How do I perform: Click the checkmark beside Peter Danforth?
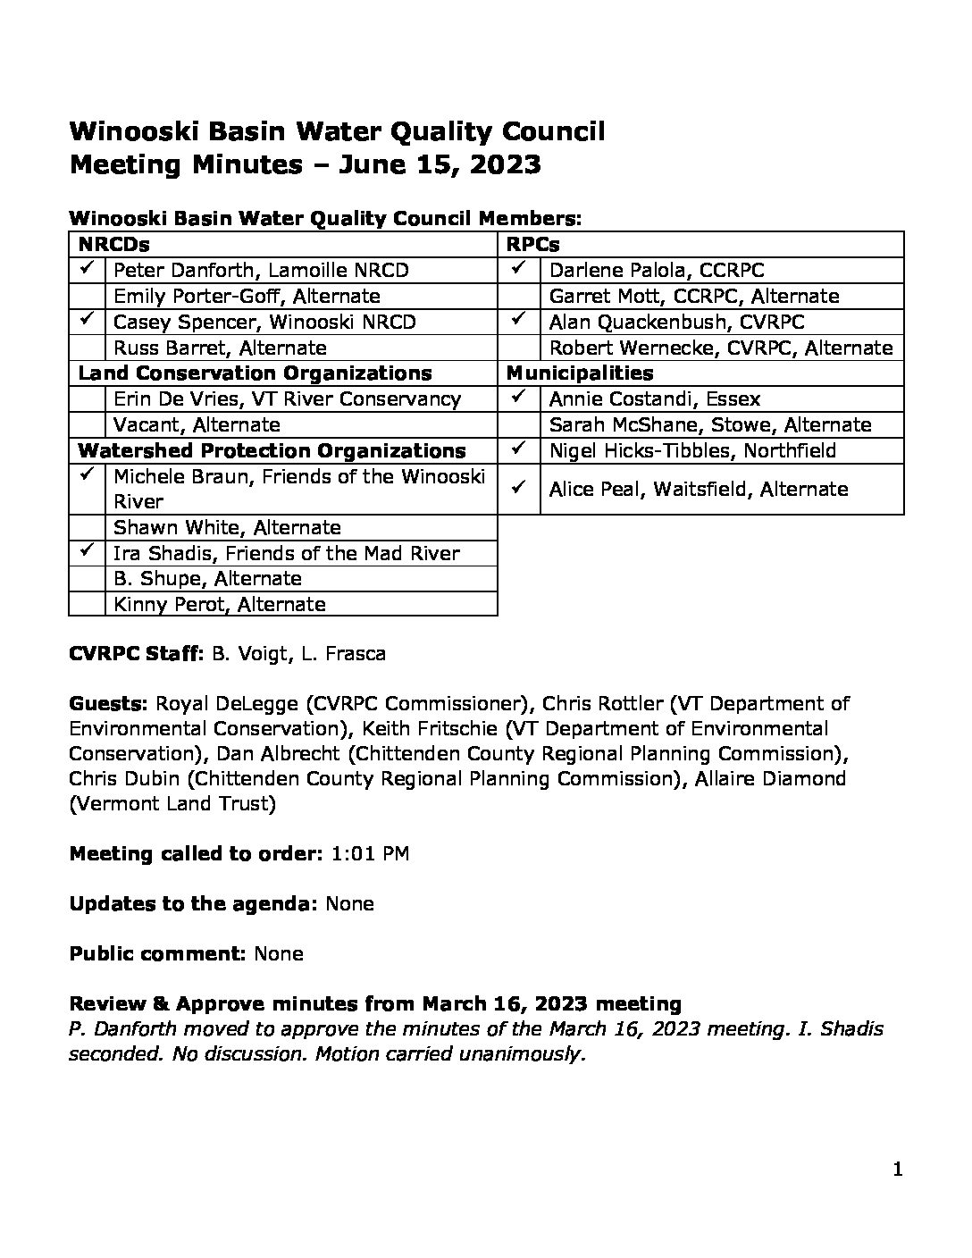[x=87, y=269]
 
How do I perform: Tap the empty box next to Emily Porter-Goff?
[x=87, y=296]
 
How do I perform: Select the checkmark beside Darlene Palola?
[x=518, y=269]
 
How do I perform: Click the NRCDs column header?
[x=113, y=244]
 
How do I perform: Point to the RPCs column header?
[x=532, y=244]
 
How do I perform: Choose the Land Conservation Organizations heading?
[x=255, y=373]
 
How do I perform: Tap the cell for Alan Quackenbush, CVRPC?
[x=676, y=322]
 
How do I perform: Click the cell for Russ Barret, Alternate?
[x=220, y=348]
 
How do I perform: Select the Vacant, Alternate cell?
[x=197, y=424]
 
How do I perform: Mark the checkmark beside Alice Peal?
[x=518, y=488]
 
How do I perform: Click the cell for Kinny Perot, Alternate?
[x=219, y=604]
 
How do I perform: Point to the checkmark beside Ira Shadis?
[x=87, y=552]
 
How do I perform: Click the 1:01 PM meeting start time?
[x=370, y=853]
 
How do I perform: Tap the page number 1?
[x=898, y=1170]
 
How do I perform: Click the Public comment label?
[x=157, y=953]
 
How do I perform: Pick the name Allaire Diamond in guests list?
[x=767, y=778]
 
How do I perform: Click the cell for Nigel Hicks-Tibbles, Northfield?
[x=692, y=450]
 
